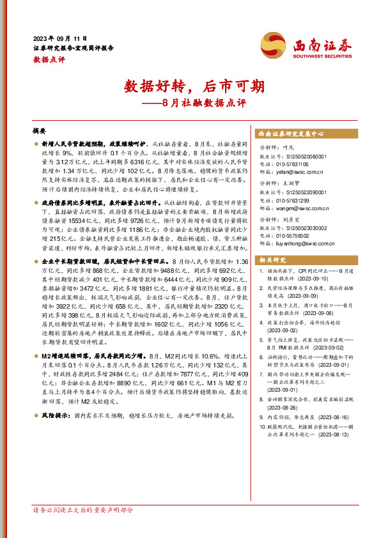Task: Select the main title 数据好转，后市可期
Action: [x=190, y=86]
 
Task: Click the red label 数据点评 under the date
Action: [x=49, y=59]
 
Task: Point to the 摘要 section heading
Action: [x=39, y=130]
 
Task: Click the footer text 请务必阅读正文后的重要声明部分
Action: [x=83, y=510]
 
